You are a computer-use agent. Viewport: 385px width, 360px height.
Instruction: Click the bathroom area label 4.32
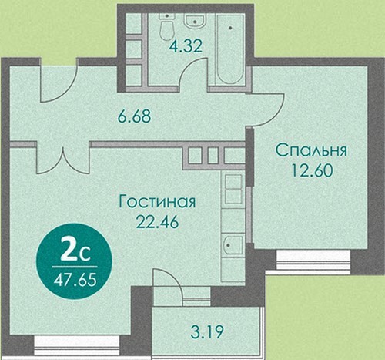pos(186,46)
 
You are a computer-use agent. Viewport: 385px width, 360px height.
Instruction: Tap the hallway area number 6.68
pos(134,116)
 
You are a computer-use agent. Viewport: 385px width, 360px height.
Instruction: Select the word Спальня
pos(311,150)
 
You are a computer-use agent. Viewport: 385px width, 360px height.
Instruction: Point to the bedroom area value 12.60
pos(312,170)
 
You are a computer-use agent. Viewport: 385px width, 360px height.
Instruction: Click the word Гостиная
pos(157,201)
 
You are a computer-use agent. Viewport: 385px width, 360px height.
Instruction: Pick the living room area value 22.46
pos(157,221)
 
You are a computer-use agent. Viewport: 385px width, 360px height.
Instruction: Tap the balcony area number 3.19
pos(207,331)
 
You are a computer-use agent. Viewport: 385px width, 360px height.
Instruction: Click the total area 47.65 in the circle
pos(75,280)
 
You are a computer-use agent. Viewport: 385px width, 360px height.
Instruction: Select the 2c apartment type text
pos(75,254)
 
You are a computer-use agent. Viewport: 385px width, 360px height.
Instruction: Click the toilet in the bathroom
pos(167,26)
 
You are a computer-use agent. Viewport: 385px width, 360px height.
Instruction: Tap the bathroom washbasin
pos(196,20)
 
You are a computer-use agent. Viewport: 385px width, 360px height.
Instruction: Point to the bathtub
pos(230,49)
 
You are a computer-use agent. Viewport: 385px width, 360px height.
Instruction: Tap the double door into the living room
pos(64,163)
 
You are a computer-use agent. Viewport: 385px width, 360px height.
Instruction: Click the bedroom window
pos(313,260)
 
